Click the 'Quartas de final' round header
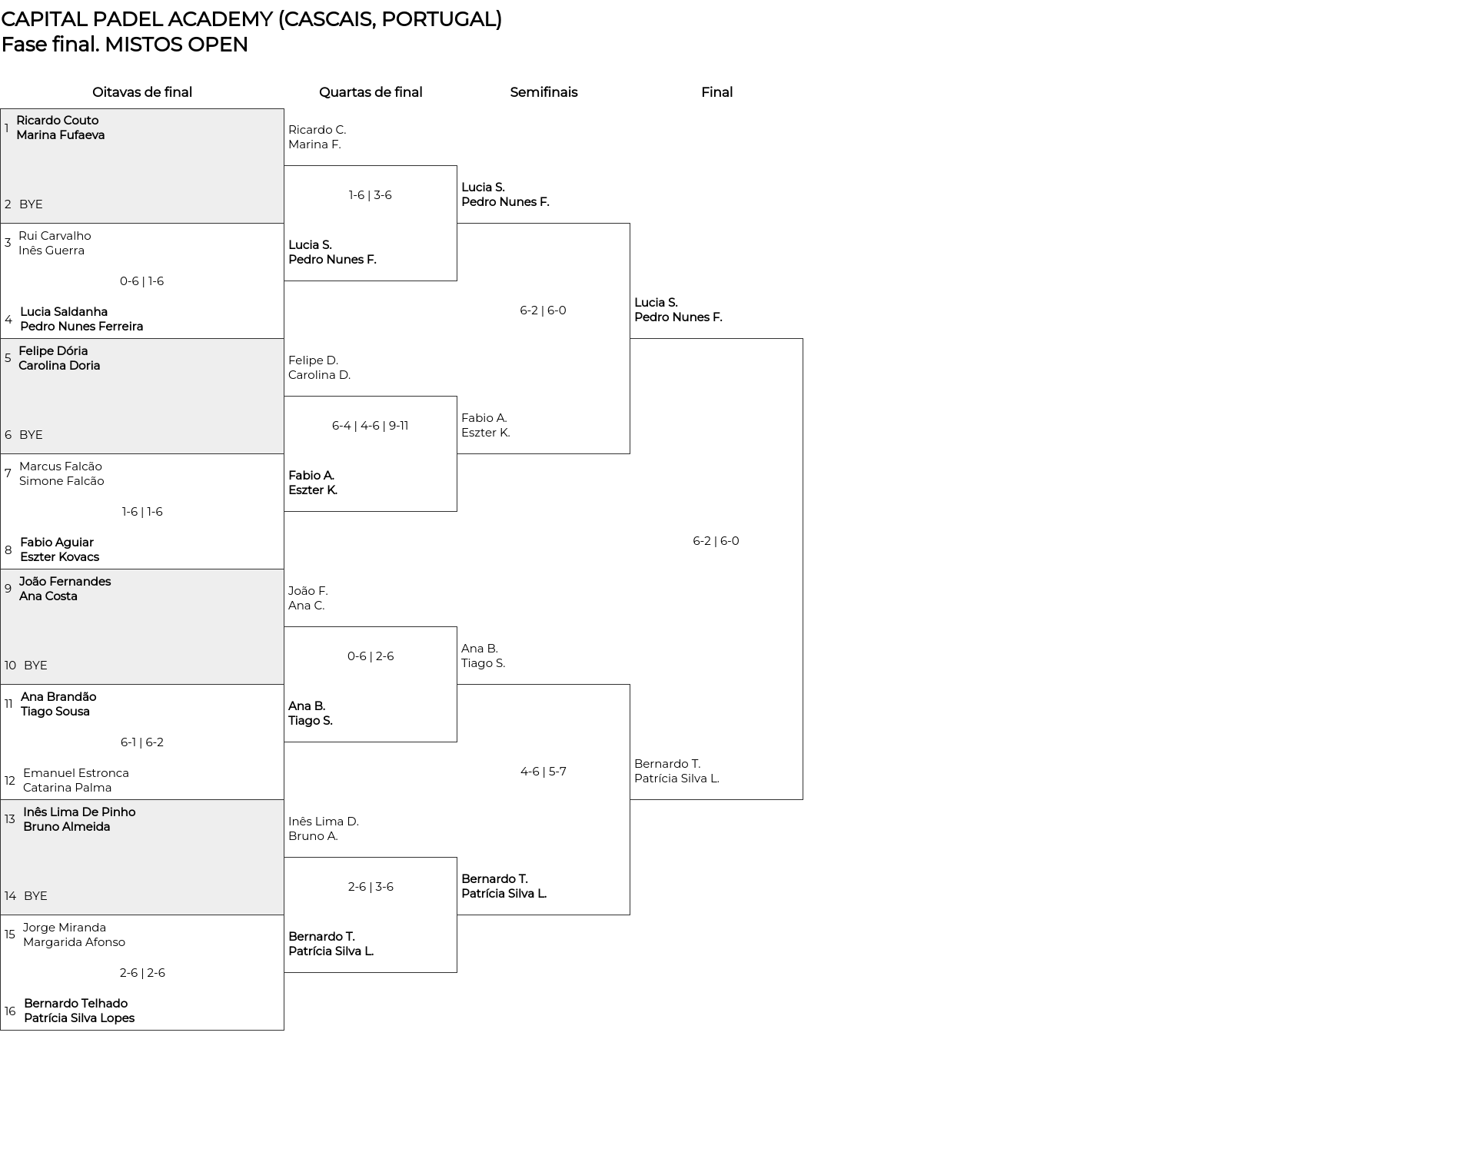pos(371,92)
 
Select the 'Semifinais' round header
pos(544,92)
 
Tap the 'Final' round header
pos(716,92)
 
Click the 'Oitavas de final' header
pos(142,92)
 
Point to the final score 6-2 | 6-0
pos(716,541)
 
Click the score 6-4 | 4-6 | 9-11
pos(370,426)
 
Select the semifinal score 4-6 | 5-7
pos(544,772)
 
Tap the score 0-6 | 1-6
pos(142,281)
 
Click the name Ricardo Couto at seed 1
pos(58,120)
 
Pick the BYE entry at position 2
pos(31,204)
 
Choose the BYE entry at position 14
pos(35,896)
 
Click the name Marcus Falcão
pos(61,466)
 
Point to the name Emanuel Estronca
pos(76,773)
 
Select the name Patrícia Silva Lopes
pos(79,1018)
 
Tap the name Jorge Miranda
pos(65,928)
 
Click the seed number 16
pos(10,1011)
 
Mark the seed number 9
pos(8,589)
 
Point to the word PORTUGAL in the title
pos(438,19)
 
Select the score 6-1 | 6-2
pos(142,742)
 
